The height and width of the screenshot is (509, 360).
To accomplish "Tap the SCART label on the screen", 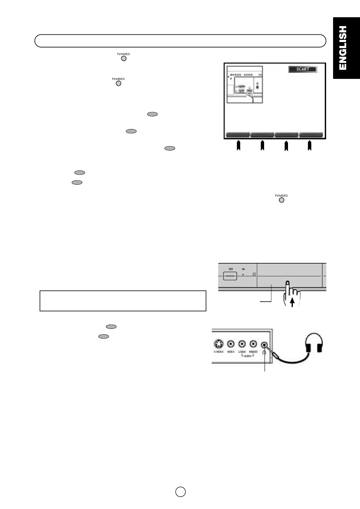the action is click(x=303, y=69).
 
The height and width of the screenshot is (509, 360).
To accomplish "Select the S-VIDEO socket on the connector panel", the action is click(x=219, y=344).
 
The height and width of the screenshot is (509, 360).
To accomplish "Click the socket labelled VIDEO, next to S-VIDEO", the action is click(x=231, y=344).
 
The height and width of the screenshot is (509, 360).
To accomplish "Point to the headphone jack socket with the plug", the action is click(x=265, y=345).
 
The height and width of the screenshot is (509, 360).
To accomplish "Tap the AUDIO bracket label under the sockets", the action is click(x=247, y=355).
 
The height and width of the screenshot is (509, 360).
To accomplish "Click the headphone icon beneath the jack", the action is click(x=265, y=352).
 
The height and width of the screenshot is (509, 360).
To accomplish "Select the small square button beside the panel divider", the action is click(x=254, y=274).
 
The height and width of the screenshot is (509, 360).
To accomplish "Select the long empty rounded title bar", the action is click(x=180, y=41).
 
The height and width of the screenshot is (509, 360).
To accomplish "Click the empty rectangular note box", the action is click(x=123, y=301).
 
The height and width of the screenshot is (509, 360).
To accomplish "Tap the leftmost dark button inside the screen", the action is click(x=238, y=135).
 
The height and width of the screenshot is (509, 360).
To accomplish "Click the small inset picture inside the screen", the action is click(x=245, y=85).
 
